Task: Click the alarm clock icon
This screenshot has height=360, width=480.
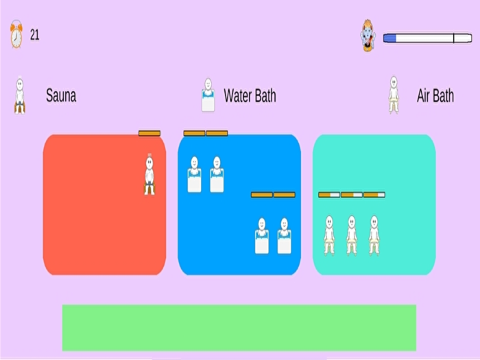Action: click(16, 35)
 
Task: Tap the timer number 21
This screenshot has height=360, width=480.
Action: click(35, 35)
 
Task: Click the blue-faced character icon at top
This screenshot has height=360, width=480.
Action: click(368, 36)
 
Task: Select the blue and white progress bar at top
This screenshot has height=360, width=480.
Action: click(418, 38)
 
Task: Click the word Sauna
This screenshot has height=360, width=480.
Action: click(61, 95)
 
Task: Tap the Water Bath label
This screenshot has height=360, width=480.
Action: click(250, 95)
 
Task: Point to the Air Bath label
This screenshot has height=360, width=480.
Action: click(435, 95)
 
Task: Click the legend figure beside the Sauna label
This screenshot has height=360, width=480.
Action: click(20, 95)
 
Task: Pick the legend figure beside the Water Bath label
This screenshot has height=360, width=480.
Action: click(208, 95)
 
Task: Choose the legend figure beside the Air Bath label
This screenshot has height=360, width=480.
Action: click(394, 95)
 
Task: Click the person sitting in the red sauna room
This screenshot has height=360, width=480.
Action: click(149, 176)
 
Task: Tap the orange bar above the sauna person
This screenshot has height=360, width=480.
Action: click(149, 133)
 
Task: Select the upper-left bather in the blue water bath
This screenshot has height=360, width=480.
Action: click(194, 175)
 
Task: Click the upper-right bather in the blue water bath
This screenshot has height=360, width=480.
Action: click(217, 175)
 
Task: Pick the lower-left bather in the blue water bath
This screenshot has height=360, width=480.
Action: click(261, 236)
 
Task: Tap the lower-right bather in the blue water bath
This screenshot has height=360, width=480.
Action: click(284, 236)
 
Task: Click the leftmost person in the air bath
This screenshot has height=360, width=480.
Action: click(329, 235)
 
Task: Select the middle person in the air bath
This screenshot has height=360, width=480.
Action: click(352, 235)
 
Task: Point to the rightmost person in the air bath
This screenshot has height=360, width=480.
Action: click(374, 235)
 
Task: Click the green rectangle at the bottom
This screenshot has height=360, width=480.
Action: click(239, 328)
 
